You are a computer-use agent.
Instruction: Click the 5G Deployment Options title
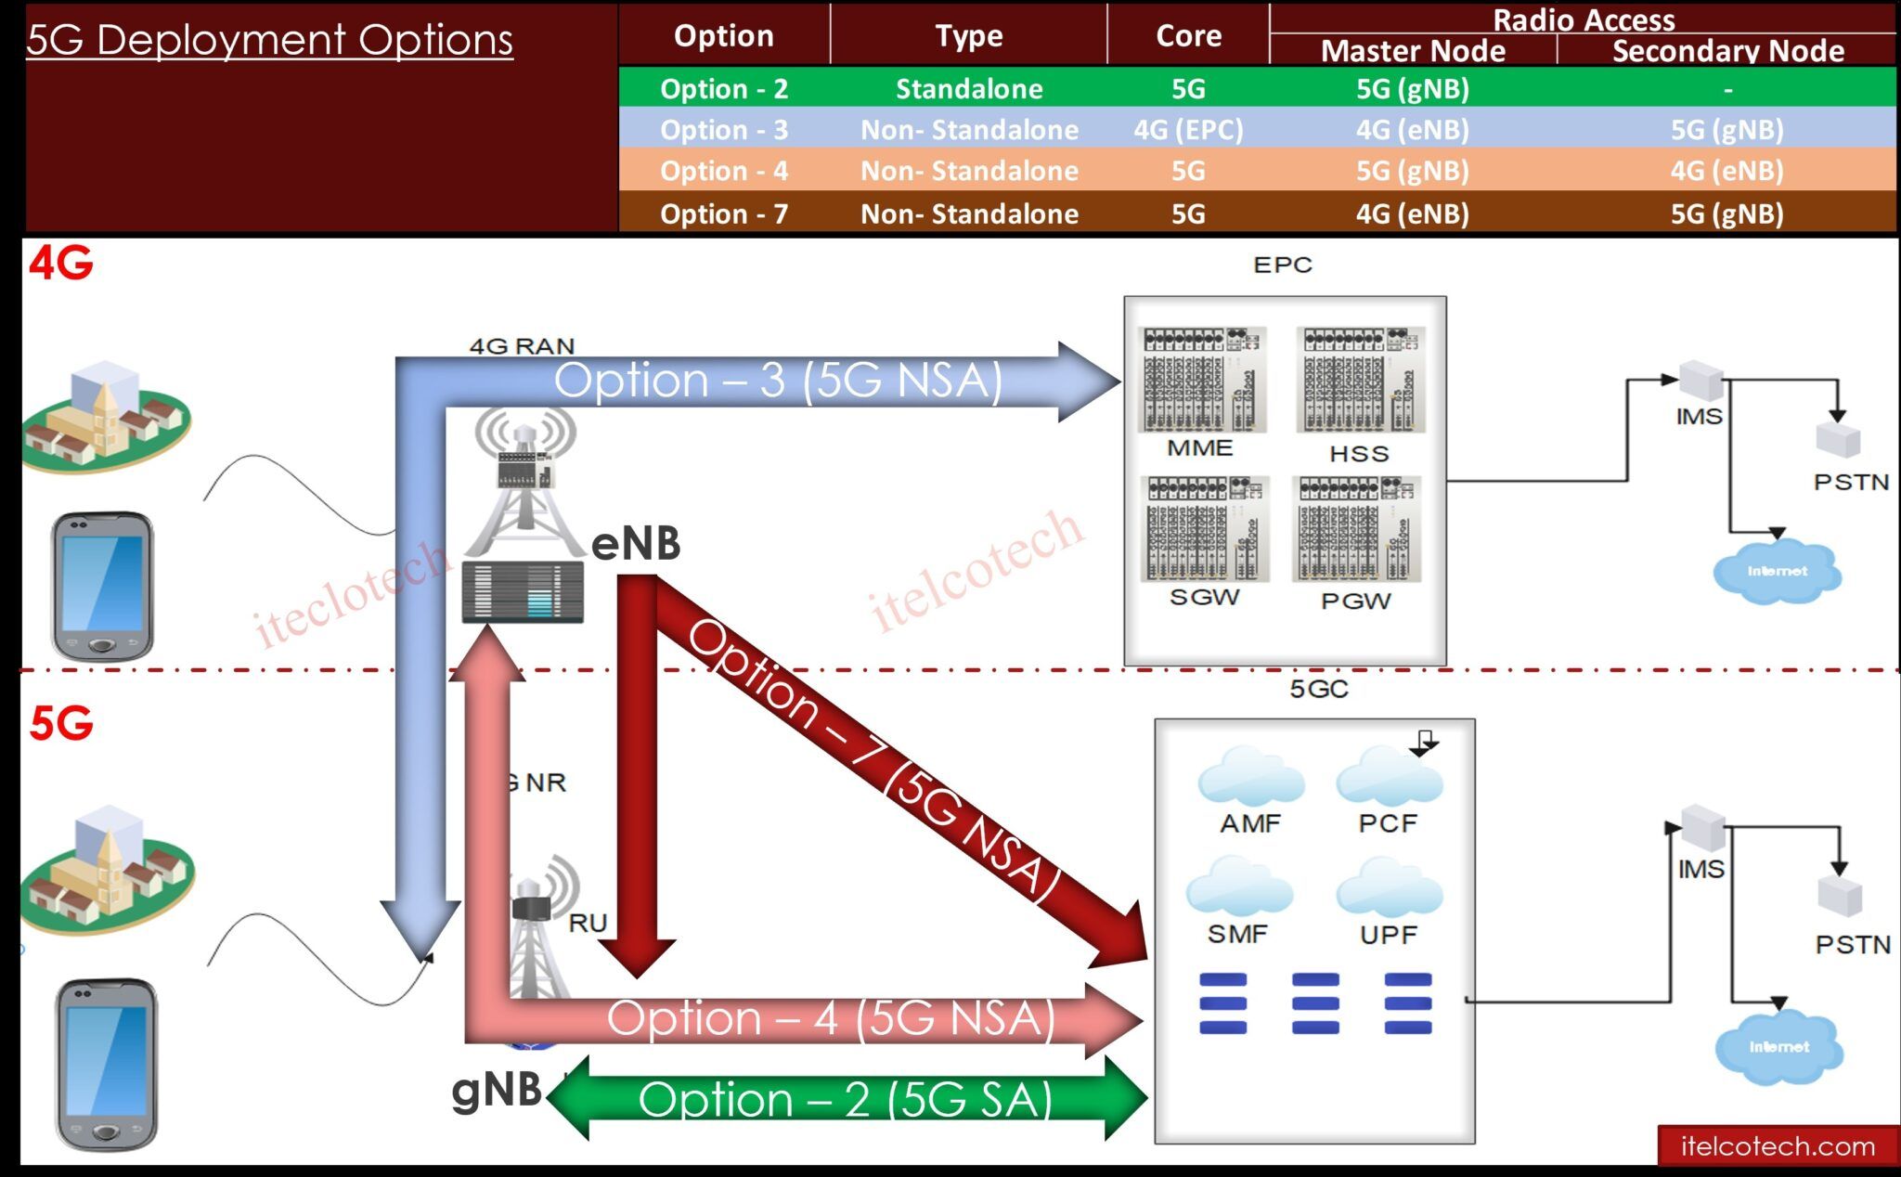269,40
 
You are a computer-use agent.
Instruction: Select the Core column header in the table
1188,35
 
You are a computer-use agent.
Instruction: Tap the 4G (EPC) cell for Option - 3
1188,129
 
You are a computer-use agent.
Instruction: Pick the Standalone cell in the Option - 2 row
969,88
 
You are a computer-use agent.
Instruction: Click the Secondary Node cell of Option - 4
1726,171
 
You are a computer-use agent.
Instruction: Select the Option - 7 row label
724,213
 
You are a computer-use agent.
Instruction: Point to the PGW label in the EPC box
1355,601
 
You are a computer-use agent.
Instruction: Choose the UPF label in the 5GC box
1388,935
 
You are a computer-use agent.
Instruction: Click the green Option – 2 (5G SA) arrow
845,1099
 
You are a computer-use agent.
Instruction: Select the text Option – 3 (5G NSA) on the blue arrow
778,381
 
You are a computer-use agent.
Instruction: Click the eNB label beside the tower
636,543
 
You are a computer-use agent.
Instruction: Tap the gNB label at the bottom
497,1089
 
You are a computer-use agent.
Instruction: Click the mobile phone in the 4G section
102,585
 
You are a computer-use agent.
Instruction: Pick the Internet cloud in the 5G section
1778,1047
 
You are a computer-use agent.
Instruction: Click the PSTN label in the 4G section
1851,483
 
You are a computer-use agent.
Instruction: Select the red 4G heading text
61,263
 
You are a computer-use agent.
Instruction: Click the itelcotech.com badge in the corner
1778,1146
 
